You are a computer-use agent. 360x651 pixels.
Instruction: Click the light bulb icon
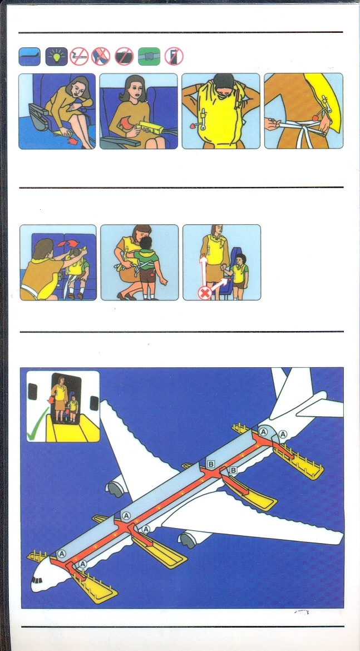(56, 56)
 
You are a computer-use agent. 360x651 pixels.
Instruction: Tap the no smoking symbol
(79, 56)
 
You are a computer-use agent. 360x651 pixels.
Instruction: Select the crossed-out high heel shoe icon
(101, 56)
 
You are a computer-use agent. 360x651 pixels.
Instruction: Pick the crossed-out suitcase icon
(124, 56)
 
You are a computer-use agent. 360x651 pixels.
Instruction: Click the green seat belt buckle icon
(149, 56)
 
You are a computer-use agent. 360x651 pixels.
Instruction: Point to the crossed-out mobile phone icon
(174, 56)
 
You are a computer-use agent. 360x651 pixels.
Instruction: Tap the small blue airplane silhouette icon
(29, 56)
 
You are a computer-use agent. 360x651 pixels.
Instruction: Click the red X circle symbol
(204, 294)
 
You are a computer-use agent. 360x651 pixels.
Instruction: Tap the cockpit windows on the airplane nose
(37, 580)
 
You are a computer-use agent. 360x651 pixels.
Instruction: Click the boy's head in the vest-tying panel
(145, 243)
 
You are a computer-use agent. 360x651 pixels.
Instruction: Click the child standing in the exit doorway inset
(73, 408)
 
